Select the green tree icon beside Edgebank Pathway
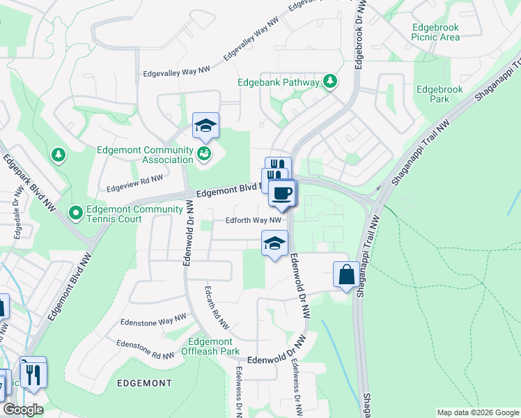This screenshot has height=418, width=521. click(x=329, y=82)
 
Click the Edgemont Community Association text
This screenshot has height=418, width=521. click(x=146, y=155)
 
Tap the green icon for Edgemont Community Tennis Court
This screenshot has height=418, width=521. click(x=74, y=211)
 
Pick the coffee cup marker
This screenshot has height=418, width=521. click(x=281, y=194)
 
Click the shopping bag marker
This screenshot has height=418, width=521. click(x=346, y=275)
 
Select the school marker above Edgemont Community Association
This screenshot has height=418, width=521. click(x=205, y=126)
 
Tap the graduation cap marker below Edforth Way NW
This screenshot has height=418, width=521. click(x=274, y=244)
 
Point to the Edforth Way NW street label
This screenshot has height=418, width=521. click(x=253, y=221)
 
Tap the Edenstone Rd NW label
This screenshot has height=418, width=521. click(x=145, y=350)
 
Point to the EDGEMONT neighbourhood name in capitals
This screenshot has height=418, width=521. click(x=144, y=383)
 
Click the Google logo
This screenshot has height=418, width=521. click(x=22, y=410)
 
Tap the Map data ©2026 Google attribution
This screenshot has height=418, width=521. click(x=478, y=412)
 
